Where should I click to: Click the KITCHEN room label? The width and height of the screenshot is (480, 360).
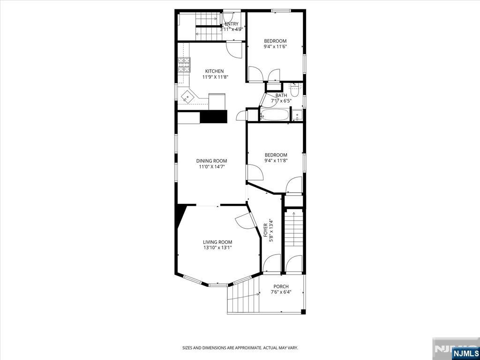[x=214, y=71]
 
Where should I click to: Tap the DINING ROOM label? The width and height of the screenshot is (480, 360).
[x=211, y=161]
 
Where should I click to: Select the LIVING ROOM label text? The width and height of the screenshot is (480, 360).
[x=217, y=242]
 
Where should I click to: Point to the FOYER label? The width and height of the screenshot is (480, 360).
[x=266, y=230]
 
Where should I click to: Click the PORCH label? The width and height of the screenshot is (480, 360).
[x=281, y=286]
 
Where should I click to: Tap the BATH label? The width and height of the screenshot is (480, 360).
[x=281, y=96]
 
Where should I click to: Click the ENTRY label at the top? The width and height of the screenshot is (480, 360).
[x=232, y=24]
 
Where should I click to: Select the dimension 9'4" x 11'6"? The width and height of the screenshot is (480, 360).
[x=275, y=46]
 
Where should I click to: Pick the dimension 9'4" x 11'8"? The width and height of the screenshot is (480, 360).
[x=276, y=160]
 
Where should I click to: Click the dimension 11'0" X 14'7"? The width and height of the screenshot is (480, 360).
[x=211, y=167]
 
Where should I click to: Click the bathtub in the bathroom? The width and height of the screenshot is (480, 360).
[x=274, y=115]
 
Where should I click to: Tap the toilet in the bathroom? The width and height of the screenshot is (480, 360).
[x=294, y=90]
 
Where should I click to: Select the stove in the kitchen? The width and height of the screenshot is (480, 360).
[x=184, y=65]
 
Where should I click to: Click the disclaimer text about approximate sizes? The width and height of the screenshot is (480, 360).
[x=240, y=348]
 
